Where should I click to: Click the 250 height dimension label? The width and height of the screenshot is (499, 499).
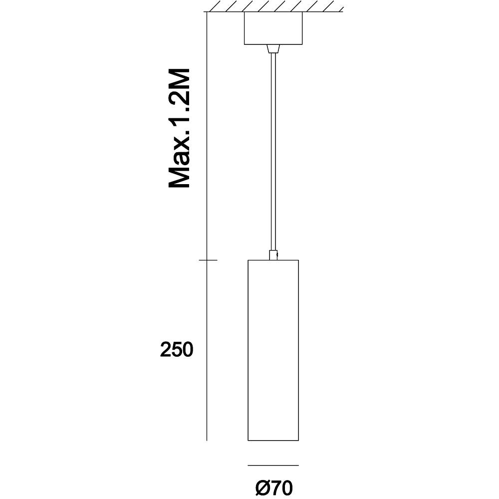(x=177, y=349)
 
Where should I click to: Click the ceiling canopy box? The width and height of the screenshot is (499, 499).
(x=273, y=28)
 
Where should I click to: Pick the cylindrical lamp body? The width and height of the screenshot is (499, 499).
(x=273, y=350)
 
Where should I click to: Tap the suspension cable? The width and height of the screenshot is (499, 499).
(x=273, y=152)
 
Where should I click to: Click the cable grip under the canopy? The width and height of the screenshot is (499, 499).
(x=273, y=49)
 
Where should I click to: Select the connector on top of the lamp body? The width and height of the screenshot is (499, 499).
(x=273, y=255)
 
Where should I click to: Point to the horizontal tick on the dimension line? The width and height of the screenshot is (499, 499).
(x=208, y=260)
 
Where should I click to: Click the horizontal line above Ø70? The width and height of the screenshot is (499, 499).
(x=273, y=465)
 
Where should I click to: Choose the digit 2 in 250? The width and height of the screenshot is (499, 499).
(x=166, y=349)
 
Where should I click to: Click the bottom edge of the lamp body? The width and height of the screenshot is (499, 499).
(x=273, y=441)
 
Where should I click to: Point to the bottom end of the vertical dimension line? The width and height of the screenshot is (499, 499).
(x=207, y=441)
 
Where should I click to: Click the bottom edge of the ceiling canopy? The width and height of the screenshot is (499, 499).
(x=273, y=44)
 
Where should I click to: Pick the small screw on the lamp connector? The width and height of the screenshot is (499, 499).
(x=277, y=254)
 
